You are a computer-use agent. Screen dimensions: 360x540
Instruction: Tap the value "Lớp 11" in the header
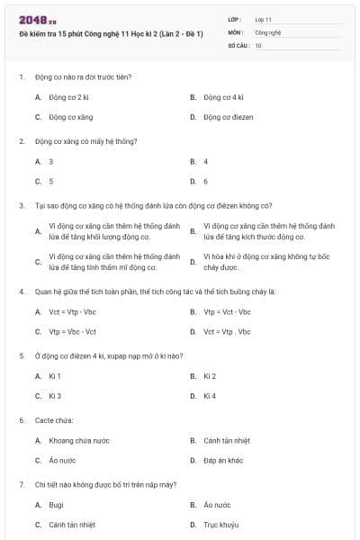click(x=263, y=18)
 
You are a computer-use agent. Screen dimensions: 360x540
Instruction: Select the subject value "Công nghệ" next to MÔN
click(x=268, y=31)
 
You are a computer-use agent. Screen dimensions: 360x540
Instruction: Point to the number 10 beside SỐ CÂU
click(x=258, y=44)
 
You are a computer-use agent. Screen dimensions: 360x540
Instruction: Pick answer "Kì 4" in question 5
click(x=210, y=396)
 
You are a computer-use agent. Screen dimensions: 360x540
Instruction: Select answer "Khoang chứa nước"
click(x=78, y=440)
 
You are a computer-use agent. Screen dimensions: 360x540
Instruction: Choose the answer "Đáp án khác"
click(x=223, y=460)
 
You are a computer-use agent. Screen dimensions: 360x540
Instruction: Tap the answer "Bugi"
click(x=56, y=505)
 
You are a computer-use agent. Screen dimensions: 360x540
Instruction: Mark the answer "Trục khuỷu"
click(x=221, y=525)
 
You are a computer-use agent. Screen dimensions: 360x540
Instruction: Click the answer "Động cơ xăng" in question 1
click(x=70, y=117)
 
